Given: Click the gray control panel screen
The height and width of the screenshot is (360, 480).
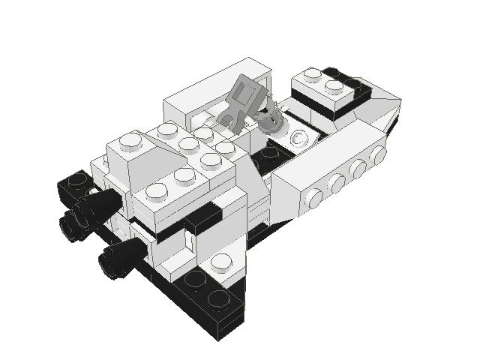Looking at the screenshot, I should (x=247, y=97).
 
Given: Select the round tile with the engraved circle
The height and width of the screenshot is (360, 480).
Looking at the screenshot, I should (x=298, y=138).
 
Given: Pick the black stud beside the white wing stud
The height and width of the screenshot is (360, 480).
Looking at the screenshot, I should (x=195, y=280).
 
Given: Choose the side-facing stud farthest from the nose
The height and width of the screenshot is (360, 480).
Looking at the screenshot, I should (x=314, y=198).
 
